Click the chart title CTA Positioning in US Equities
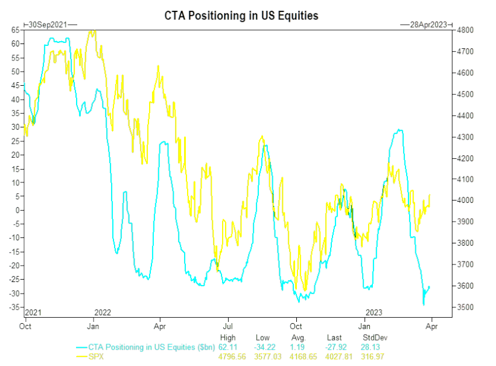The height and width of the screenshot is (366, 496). click(241, 16)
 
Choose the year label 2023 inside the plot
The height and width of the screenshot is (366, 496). click(374, 312)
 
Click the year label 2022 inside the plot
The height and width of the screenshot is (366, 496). click(103, 312)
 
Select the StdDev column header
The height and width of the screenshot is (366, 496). click(374, 338)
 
